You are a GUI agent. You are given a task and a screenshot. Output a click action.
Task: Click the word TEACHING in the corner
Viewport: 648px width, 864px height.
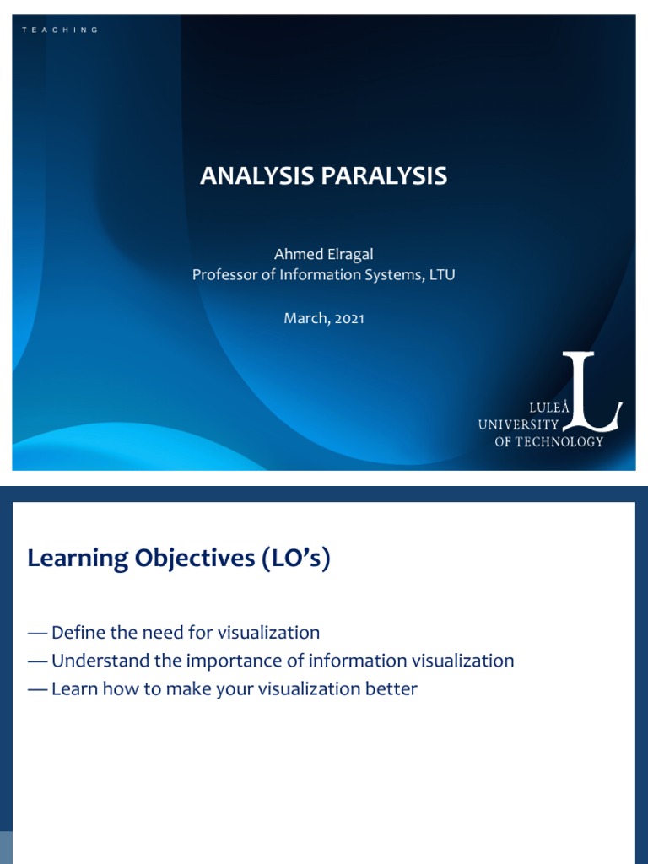tap(60, 30)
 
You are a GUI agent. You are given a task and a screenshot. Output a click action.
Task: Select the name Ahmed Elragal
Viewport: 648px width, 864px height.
tap(323, 254)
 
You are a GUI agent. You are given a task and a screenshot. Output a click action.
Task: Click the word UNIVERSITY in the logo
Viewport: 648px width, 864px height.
tap(518, 424)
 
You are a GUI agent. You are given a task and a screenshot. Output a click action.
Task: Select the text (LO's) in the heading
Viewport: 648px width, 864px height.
tap(294, 558)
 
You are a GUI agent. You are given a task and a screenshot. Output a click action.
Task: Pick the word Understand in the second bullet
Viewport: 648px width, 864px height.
tap(98, 661)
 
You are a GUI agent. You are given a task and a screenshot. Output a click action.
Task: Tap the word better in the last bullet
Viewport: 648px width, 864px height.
tap(391, 688)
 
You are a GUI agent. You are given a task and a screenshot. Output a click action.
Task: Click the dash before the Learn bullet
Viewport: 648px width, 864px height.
tap(37, 688)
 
